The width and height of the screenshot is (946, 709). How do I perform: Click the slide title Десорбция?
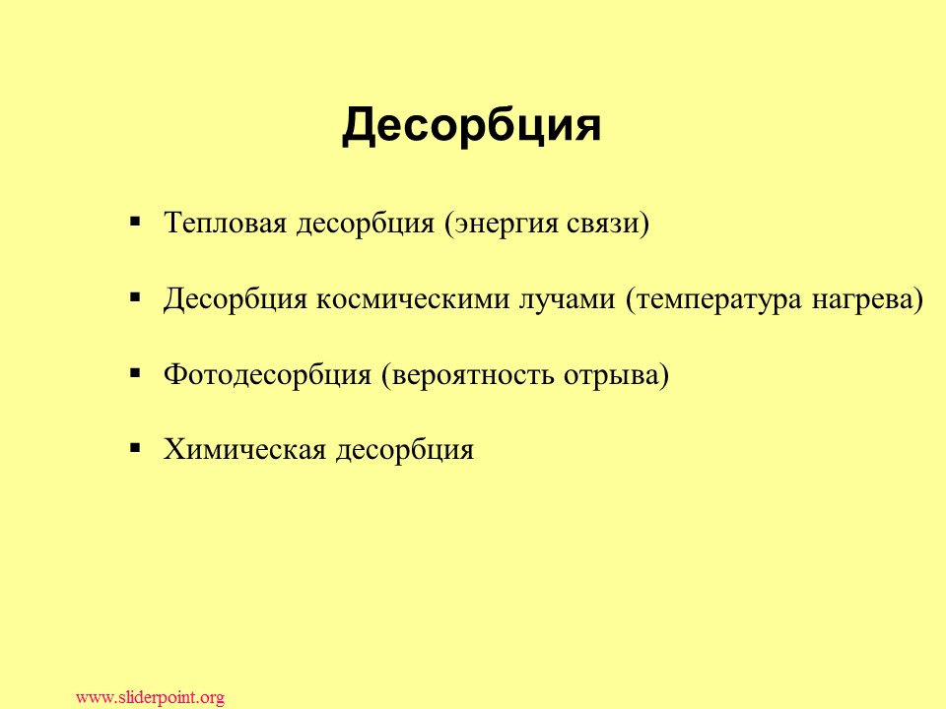pos(471,125)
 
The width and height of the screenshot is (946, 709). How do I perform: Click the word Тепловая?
pos(225,223)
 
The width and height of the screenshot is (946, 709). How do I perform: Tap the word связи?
pos(603,224)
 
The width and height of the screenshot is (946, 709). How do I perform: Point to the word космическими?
pos(413,299)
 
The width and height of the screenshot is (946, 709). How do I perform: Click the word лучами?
pos(568,299)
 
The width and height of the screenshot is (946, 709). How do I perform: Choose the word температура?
pos(719,299)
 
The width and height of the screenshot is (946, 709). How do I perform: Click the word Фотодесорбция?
pos(267,374)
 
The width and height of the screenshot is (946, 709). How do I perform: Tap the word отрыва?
pos(611,375)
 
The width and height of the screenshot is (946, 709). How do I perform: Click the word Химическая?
pos(245,449)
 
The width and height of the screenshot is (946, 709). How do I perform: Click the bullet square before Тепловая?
pos(135,222)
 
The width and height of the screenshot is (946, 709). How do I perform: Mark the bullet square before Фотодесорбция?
pos(135,373)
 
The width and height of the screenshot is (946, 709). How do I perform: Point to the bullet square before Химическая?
pos(135,448)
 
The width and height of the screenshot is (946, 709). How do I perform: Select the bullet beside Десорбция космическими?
pos(135,297)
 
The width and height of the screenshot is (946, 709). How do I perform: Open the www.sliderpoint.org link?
pos(150,697)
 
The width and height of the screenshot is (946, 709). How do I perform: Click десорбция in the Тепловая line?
pos(365,225)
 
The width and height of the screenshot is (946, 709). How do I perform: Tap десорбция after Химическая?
pos(405,450)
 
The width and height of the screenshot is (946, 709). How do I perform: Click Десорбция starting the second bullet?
pos(236,299)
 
